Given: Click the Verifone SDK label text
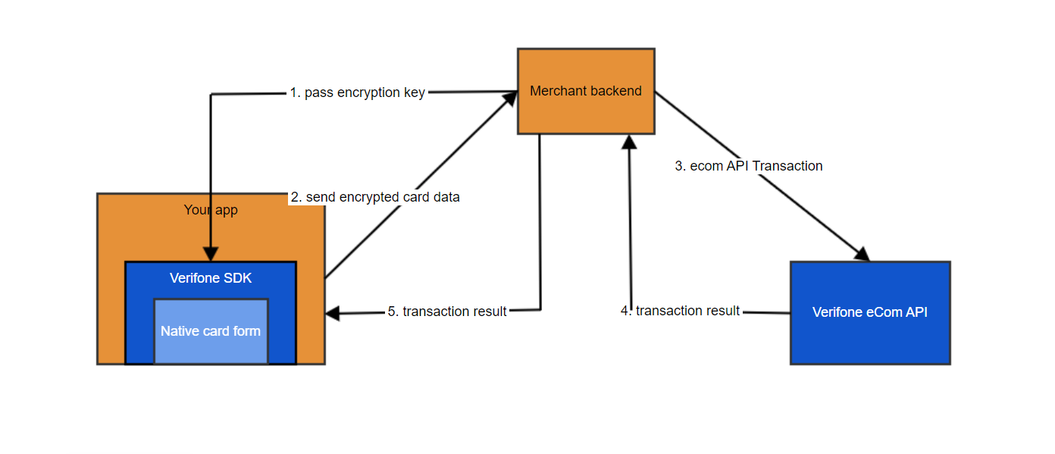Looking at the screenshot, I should coord(211,278).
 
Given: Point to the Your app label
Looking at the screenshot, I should coord(211,210).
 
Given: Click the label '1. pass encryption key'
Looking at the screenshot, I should coord(357,92).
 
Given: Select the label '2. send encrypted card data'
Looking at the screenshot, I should coord(375,197).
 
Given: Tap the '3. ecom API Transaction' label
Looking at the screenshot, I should coord(749,166).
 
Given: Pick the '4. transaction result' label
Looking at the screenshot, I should coord(680,311).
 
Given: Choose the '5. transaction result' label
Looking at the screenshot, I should coord(447,312).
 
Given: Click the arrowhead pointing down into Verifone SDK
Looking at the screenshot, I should coord(211,254).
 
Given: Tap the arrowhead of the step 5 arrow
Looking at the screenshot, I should coord(333,313).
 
